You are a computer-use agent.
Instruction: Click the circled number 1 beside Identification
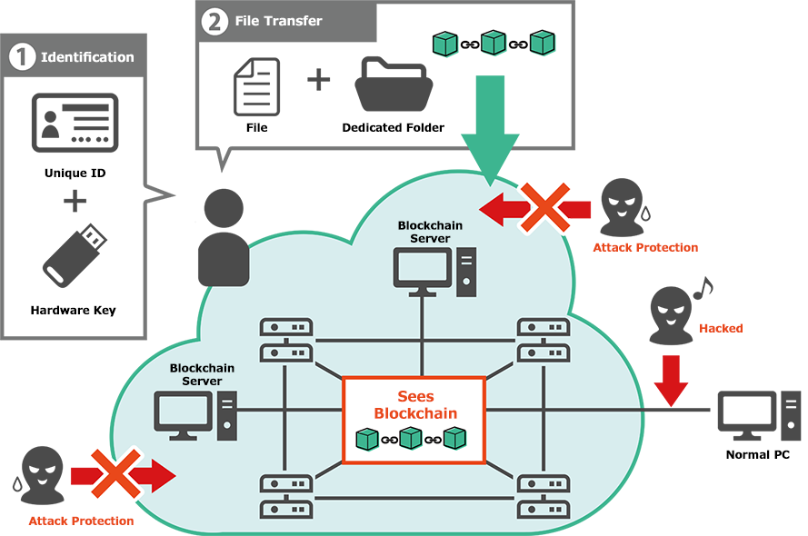(x=22, y=57)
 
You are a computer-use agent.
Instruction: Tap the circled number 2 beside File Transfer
(x=214, y=21)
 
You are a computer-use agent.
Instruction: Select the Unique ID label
(x=73, y=174)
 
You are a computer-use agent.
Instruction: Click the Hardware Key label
(x=73, y=311)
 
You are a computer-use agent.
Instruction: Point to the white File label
(x=257, y=128)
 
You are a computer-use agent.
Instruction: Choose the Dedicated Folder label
(x=393, y=128)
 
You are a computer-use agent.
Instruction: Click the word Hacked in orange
(x=721, y=328)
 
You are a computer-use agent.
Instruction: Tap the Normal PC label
(x=753, y=454)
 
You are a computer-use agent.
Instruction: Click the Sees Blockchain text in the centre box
(x=415, y=405)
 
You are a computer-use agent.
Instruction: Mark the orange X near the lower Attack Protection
(x=115, y=472)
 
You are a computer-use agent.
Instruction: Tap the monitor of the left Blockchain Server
(x=184, y=412)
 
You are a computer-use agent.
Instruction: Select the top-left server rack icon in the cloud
(x=286, y=339)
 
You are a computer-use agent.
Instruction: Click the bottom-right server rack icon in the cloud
(x=544, y=495)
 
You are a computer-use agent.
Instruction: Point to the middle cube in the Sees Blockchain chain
(x=411, y=439)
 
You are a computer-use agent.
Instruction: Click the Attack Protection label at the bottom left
(x=81, y=521)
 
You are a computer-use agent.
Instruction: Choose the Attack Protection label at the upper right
(x=645, y=247)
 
